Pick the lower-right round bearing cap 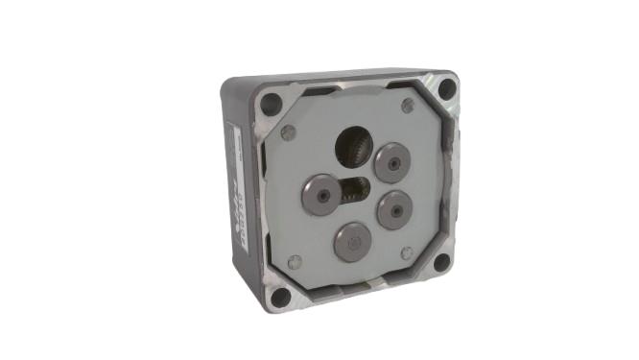(x=394, y=209)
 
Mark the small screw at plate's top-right (x=408, y=106)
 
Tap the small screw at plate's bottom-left (x=295, y=261)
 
